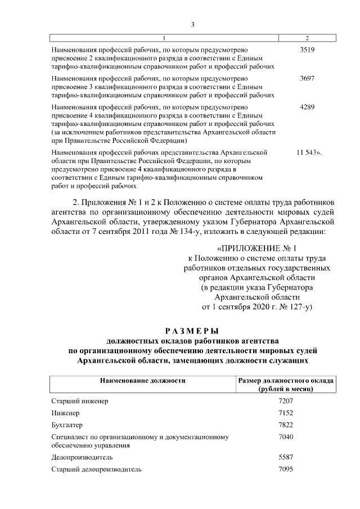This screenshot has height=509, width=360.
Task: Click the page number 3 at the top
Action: coord(192,24)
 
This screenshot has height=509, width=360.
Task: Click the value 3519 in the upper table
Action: coord(307,49)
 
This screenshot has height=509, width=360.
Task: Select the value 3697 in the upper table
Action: coord(307,78)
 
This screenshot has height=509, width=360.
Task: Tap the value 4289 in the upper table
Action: coord(307,107)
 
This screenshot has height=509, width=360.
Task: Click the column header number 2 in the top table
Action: coord(307,38)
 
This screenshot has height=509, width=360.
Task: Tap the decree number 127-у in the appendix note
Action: coord(296,307)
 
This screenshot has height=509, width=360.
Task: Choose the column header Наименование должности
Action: coord(143,381)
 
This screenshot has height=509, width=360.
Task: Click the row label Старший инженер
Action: coord(79,401)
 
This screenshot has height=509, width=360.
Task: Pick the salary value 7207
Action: coord(286,401)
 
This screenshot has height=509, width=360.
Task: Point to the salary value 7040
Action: coord(286,436)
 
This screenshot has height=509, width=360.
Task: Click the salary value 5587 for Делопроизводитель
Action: coord(286,457)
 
